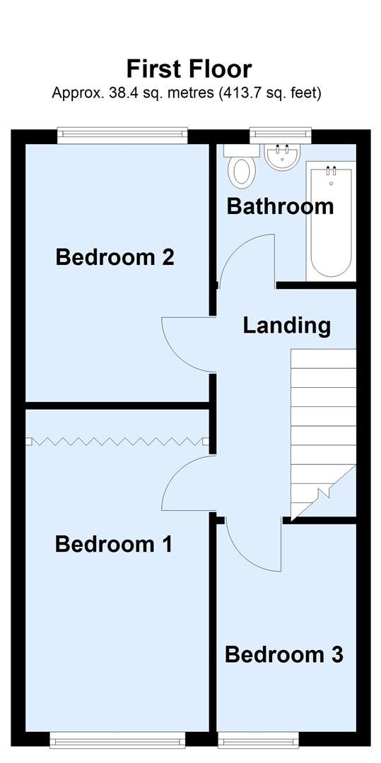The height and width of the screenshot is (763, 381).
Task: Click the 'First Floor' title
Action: click(189, 69)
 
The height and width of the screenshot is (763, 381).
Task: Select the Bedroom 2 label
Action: click(115, 257)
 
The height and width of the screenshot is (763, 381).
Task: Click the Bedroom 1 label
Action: click(113, 545)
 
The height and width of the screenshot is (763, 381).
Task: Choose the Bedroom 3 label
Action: click(283, 654)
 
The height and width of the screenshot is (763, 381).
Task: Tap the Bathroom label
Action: click(279, 206)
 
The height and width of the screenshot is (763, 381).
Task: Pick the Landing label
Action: click(286, 326)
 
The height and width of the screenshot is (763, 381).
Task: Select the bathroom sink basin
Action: click(283, 156)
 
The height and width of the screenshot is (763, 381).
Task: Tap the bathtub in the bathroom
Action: click(329, 221)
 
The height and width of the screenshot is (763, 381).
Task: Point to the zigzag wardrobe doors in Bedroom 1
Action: click(117, 442)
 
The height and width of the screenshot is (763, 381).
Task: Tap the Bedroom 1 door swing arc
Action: click(185, 484)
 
